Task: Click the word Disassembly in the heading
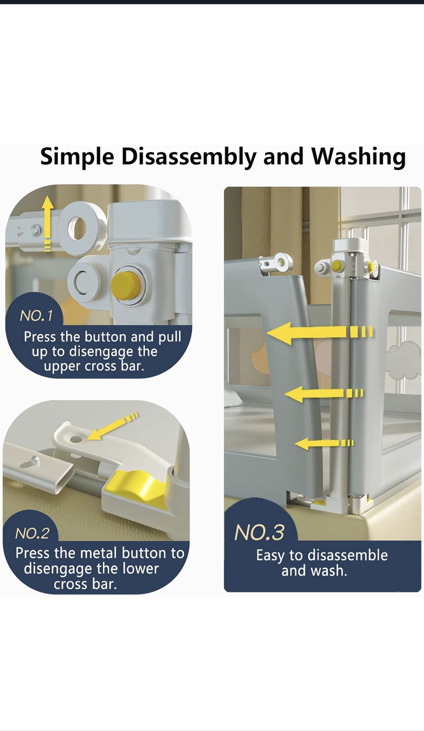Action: [x=189, y=157]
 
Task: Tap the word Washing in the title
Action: [x=358, y=157]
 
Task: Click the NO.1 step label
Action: [x=36, y=316]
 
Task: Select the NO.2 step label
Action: [x=32, y=534]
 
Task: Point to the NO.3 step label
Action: [x=259, y=532]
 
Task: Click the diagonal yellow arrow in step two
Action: [x=113, y=426]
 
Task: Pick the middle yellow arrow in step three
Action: [x=323, y=393]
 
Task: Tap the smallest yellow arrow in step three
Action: [x=324, y=443]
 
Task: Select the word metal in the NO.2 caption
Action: [x=98, y=553]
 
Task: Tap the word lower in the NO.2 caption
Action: [x=140, y=569]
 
